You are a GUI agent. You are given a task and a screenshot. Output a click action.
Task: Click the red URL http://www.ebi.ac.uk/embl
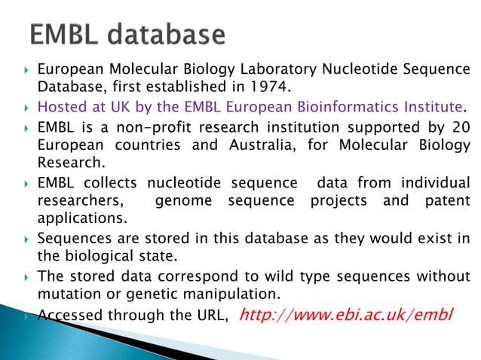point(345,313)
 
